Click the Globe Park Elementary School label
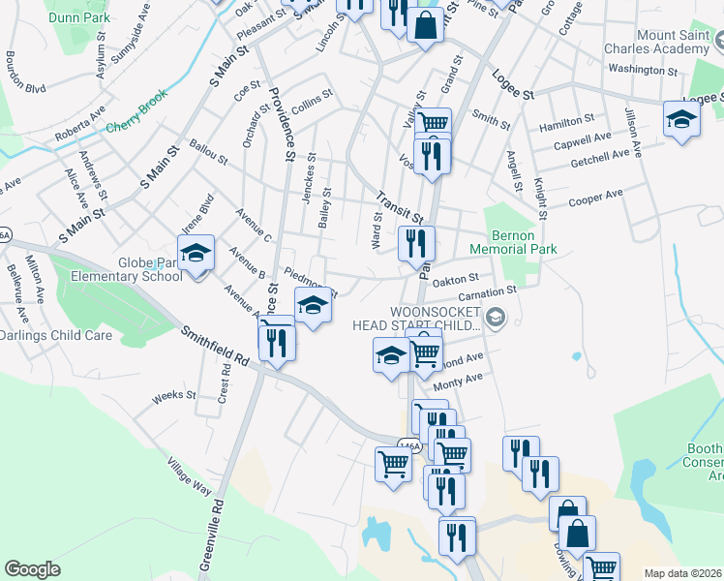click(x=150, y=269)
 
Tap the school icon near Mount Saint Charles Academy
click(x=681, y=120)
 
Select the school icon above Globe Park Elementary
click(x=196, y=254)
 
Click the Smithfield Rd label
click(x=215, y=346)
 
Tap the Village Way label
click(x=188, y=476)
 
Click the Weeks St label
click(x=174, y=396)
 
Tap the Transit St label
click(x=401, y=205)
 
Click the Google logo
click(x=32, y=569)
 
